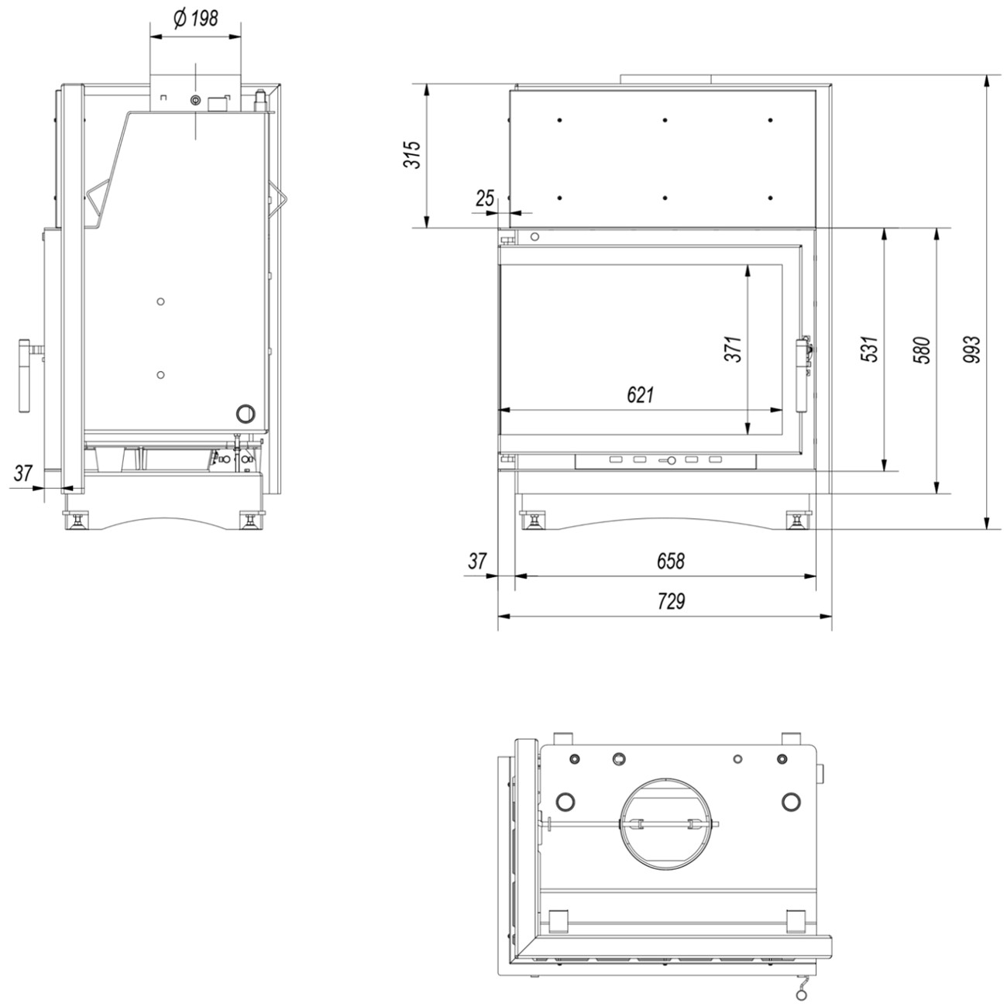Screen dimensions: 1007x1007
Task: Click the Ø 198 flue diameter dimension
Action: (x=195, y=19)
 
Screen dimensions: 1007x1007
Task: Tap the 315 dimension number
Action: (x=412, y=154)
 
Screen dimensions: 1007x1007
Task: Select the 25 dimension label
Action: (x=485, y=198)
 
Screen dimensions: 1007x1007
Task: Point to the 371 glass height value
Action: (x=733, y=349)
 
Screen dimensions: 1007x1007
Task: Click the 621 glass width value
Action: (x=640, y=395)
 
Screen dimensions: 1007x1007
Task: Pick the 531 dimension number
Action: (x=869, y=349)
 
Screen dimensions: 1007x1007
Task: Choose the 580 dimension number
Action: (x=921, y=350)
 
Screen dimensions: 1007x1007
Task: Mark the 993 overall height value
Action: (x=971, y=349)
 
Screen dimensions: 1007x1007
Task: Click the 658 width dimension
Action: (x=671, y=562)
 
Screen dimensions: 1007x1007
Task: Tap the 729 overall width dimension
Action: (x=671, y=601)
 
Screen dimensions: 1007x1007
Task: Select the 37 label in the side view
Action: (x=23, y=473)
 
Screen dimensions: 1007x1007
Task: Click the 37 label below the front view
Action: (x=477, y=562)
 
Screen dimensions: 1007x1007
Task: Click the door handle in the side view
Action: (x=25, y=376)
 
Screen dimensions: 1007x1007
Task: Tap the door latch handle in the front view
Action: (x=802, y=375)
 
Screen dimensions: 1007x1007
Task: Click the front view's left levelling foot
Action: (x=533, y=521)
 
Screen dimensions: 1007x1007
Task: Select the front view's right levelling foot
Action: (x=797, y=521)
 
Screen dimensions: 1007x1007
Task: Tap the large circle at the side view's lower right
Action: (x=246, y=414)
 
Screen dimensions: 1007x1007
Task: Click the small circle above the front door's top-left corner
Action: (x=534, y=237)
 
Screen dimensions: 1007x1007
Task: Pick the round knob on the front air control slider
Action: (x=671, y=460)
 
